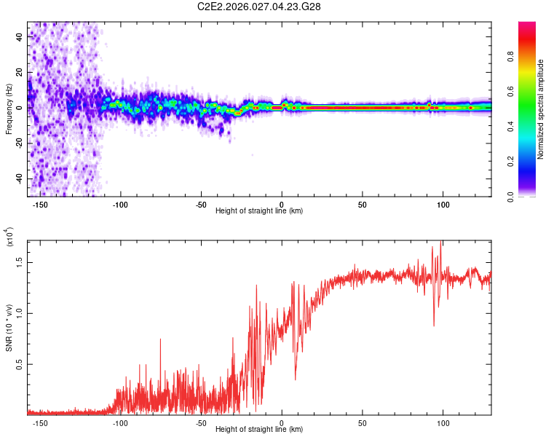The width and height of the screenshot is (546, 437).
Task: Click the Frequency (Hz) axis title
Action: [x=9, y=109]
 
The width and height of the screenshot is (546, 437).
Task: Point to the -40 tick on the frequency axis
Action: [x=20, y=178]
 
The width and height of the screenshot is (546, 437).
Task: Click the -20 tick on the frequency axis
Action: [x=20, y=143]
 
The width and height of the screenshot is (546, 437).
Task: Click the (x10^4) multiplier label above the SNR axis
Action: [x=9, y=237]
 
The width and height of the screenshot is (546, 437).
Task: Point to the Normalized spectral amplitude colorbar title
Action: [x=541, y=109]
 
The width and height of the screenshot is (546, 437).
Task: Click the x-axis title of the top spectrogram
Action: [x=259, y=210]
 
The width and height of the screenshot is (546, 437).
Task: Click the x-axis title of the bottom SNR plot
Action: [x=259, y=429]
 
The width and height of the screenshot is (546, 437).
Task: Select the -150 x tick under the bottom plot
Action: [x=40, y=422]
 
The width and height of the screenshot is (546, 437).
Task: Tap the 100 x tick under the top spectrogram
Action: [x=443, y=204]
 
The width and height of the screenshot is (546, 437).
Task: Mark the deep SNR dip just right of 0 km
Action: [x=295, y=379]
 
